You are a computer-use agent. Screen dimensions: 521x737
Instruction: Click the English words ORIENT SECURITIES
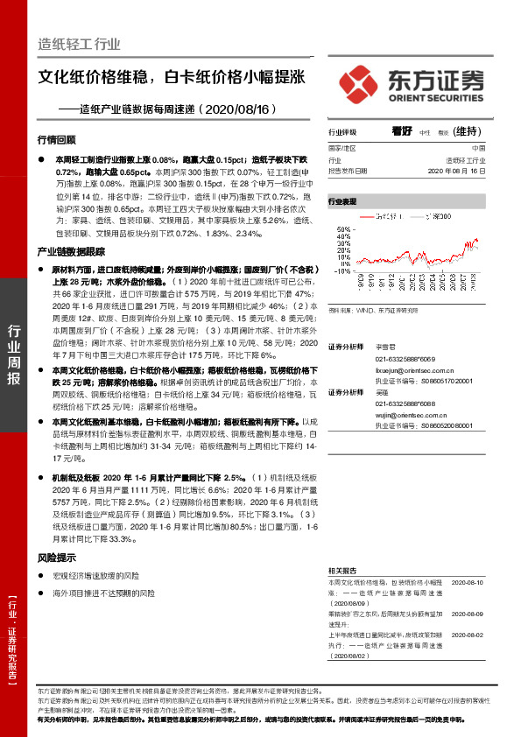436,97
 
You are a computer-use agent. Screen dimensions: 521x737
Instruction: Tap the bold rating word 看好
402,130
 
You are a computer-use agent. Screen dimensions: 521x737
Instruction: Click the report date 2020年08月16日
457,172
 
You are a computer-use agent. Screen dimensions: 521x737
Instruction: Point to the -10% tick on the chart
341,270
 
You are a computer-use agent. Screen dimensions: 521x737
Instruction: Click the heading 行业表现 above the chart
342,201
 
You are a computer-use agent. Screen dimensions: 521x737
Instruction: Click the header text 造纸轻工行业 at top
79,45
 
